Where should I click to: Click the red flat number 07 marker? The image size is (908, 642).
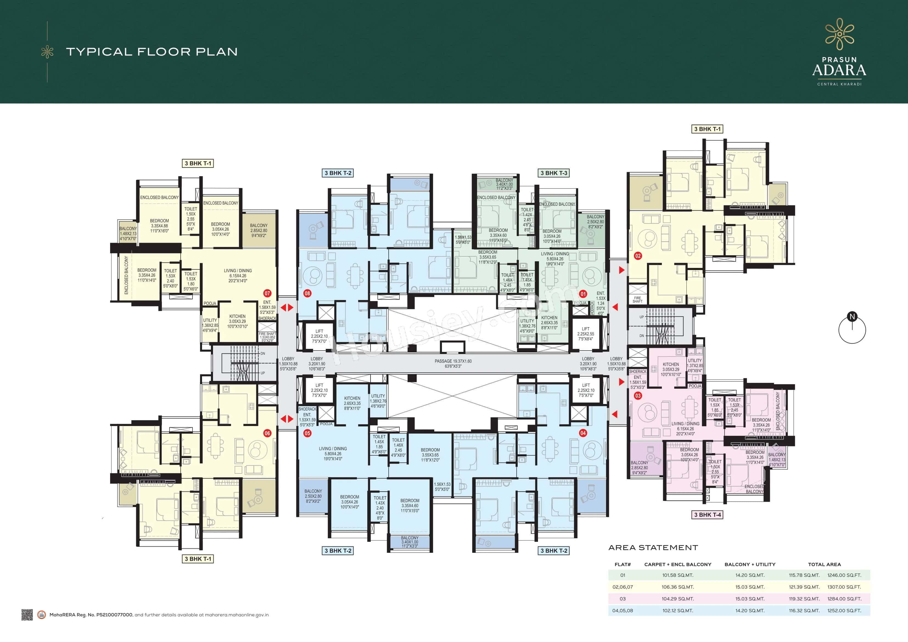(x=267, y=293)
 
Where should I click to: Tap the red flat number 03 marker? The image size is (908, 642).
(x=638, y=396)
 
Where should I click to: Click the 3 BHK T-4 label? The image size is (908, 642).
(x=708, y=515)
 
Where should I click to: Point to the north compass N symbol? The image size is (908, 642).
(x=852, y=316)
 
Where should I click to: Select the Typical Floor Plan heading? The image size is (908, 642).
(x=152, y=52)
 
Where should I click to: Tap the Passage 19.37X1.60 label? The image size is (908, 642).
(x=453, y=363)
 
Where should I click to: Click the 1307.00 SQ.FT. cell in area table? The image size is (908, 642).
(x=844, y=587)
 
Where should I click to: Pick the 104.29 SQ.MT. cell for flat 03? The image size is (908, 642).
(x=677, y=599)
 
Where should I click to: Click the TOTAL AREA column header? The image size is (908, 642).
(x=824, y=565)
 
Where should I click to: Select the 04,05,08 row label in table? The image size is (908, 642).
(x=623, y=611)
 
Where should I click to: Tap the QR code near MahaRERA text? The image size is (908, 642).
(x=27, y=615)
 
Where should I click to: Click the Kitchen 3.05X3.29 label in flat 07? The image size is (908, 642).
(x=237, y=321)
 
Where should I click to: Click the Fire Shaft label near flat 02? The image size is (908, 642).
(x=638, y=299)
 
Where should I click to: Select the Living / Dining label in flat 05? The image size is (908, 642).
(x=333, y=453)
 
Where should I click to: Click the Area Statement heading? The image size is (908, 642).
(x=653, y=548)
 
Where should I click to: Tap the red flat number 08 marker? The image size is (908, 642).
(x=307, y=293)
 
